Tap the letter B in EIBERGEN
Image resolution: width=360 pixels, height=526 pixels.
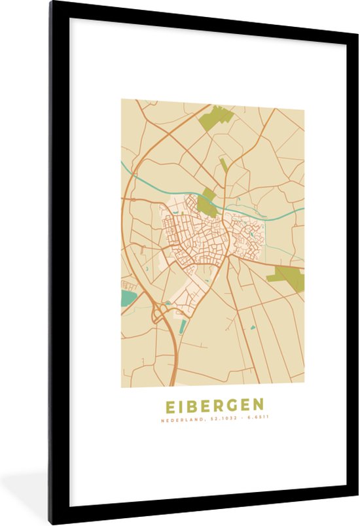[x=190, y=405]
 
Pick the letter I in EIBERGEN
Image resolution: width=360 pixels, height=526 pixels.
[x=178, y=405]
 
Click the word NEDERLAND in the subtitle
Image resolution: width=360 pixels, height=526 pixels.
[x=179, y=419]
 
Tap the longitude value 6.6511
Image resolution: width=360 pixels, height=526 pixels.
[x=257, y=419]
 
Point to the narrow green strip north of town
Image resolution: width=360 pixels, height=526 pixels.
[x=224, y=165]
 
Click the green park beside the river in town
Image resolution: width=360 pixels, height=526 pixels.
[x=208, y=202]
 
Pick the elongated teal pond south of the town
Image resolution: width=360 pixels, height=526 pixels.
[x=182, y=326]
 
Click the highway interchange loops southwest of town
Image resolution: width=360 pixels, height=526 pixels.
[x=159, y=315]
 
